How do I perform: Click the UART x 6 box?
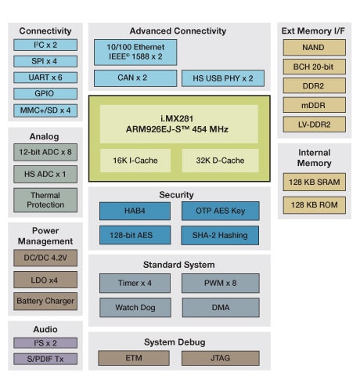(x=45, y=77)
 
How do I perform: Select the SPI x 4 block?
(x=45, y=60)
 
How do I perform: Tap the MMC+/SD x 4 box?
(x=45, y=110)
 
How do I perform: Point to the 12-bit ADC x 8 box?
(x=45, y=151)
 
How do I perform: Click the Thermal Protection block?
(x=45, y=200)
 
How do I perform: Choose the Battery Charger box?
(x=45, y=301)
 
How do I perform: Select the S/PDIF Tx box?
(x=45, y=359)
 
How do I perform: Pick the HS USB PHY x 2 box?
(x=222, y=78)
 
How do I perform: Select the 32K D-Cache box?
(x=220, y=160)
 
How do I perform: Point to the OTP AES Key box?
(x=220, y=211)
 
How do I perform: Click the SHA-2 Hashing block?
(x=220, y=235)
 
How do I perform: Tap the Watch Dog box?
(x=135, y=307)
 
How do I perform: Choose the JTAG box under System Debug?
(x=220, y=358)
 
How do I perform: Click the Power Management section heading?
(x=45, y=236)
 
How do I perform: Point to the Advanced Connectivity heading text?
(x=178, y=31)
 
